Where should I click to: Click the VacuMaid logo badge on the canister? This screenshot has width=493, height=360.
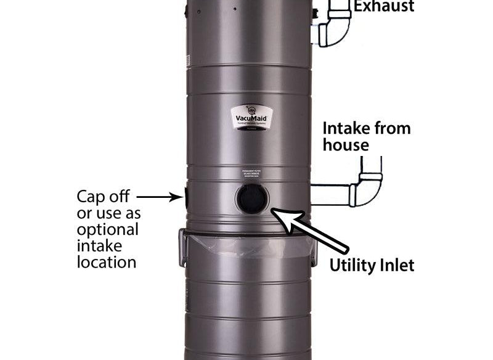(251, 116)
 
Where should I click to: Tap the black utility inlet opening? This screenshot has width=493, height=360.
(252, 199)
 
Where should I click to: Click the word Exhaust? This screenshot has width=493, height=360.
(384, 7)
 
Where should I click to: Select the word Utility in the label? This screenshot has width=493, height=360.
(351, 266)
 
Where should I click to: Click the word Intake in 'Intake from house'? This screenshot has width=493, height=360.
(346, 129)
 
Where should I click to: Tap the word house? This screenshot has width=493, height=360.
(346, 145)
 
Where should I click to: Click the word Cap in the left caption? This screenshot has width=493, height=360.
(90, 197)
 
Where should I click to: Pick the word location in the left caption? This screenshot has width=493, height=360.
(106, 262)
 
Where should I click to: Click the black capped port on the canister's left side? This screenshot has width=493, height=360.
(185, 197)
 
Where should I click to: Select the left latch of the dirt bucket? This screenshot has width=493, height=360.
(182, 247)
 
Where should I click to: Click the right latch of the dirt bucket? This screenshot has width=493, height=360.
(314, 250)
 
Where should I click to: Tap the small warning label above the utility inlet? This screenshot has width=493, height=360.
(252, 174)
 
